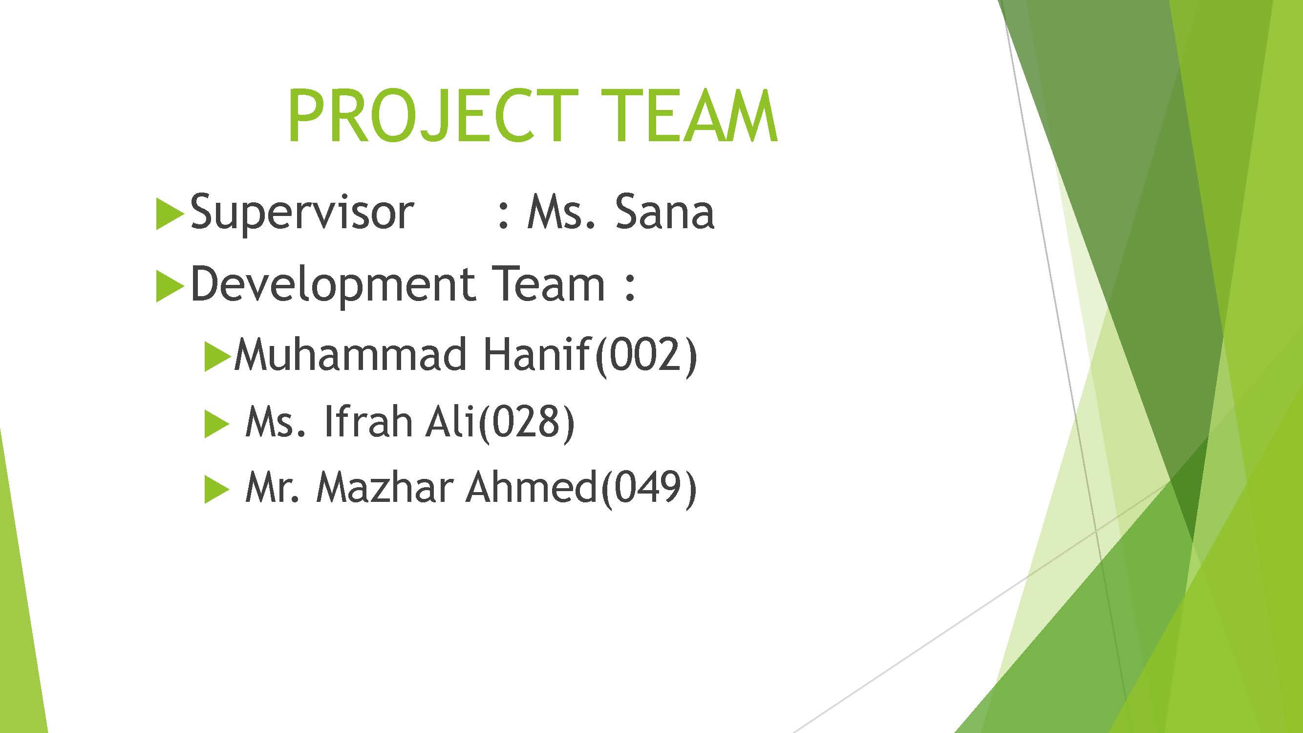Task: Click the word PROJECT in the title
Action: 432,116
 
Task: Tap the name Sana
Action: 664,212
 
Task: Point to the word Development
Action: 332,285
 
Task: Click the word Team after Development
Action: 548,284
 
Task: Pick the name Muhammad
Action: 350,355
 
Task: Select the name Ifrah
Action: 367,421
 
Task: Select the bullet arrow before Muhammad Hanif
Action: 216,357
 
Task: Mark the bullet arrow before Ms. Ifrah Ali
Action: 216,424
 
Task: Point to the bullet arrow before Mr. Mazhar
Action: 216,490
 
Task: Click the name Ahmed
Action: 531,487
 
